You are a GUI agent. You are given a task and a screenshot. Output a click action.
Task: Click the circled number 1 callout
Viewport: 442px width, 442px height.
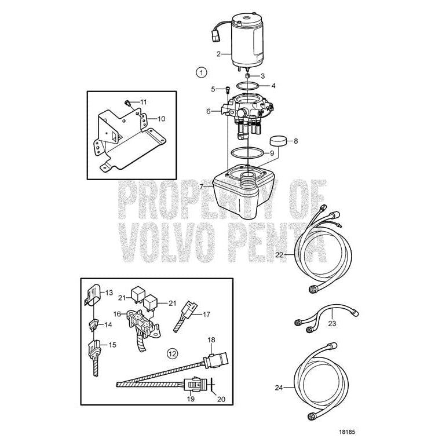pyautogui.click(x=201, y=72)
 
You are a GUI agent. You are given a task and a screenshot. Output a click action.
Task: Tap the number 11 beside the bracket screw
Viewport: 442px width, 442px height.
pyautogui.click(x=143, y=101)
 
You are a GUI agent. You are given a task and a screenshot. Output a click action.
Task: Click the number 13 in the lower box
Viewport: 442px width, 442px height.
pyautogui.click(x=108, y=293)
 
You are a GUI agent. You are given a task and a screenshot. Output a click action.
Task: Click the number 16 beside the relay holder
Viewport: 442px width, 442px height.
pyautogui.click(x=116, y=313)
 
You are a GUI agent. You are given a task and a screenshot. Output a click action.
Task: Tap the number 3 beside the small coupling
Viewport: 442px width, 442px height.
pyautogui.click(x=262, y=76)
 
